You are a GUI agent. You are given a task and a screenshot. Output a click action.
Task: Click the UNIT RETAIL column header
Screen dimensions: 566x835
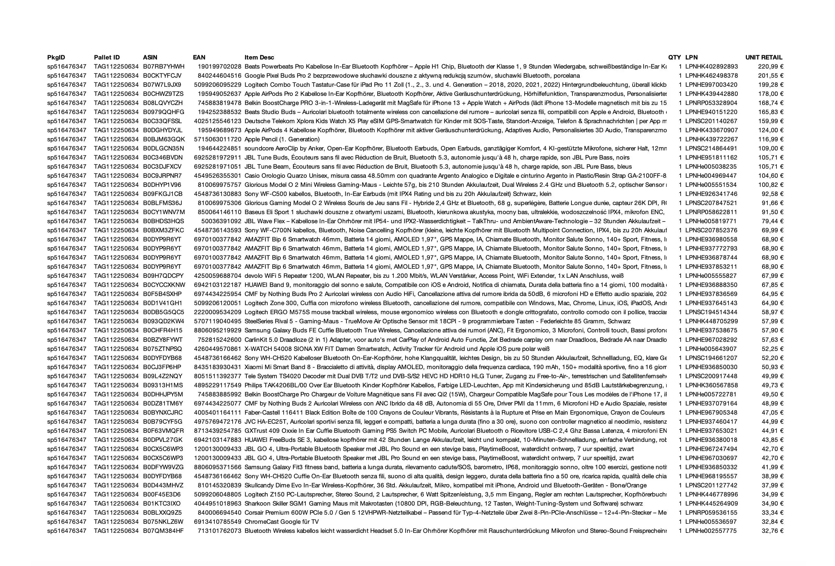tap(764, 58)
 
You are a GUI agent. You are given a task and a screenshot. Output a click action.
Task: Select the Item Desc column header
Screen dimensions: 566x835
tap(259, 58)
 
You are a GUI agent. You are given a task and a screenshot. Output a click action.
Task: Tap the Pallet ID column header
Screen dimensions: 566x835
tap(107, 58)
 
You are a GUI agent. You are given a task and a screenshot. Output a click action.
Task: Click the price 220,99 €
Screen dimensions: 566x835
tap(771, 67)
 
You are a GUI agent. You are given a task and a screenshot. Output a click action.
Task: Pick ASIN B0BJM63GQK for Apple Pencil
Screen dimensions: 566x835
tap(164, 139)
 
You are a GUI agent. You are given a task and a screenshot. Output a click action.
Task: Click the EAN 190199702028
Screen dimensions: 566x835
tap(220, 67)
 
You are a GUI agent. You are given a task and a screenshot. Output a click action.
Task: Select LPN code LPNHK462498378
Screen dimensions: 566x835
tap(712, 76)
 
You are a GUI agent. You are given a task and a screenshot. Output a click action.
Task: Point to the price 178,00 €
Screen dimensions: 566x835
tap(771, 94)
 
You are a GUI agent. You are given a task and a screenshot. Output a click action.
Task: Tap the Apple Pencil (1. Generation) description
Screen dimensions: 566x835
tap(282, 139)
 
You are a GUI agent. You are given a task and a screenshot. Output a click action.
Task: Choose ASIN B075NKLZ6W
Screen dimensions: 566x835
tap(163, 522)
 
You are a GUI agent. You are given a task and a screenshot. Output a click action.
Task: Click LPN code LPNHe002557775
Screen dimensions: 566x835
tap(711, 531)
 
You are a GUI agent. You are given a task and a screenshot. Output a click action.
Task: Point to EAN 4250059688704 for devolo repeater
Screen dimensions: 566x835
tap(217, 276)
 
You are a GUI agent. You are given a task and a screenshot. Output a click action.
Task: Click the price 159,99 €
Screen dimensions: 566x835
tap(771, 121)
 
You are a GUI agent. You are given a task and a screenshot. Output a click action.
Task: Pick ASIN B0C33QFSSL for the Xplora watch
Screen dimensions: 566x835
tap(162, 121)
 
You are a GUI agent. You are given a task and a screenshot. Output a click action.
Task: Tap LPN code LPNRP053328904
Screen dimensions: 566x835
tap(712, 103)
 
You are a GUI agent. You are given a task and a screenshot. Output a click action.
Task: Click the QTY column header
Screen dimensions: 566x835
tap(674, 58)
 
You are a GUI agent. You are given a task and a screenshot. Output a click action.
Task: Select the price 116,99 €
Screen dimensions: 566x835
tap(771, 139)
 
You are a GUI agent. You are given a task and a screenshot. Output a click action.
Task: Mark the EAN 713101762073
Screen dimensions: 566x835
tap(220, 531)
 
